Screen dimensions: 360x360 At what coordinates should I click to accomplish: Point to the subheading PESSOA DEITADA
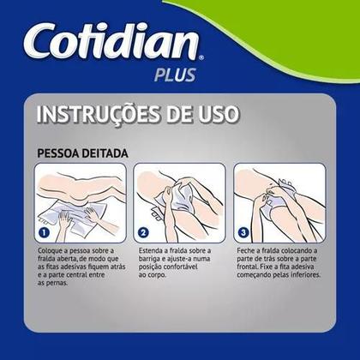pos(83,153)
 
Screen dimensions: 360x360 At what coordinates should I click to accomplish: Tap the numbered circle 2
pos(143,231)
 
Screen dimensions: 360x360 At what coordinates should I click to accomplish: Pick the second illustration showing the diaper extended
pos(180,202)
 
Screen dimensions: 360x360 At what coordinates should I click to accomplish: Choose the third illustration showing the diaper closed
pos(279,202)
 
